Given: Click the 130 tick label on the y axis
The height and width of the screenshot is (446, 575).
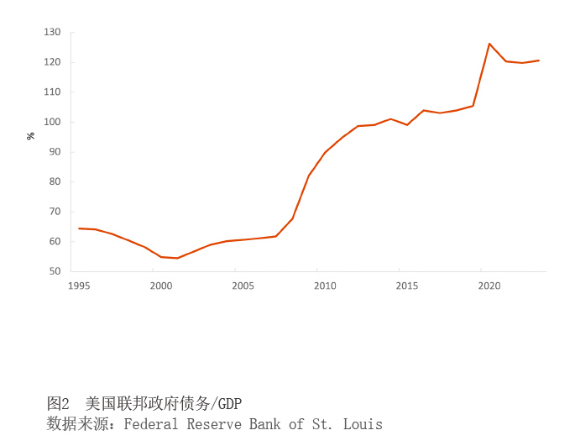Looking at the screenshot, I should [x=53, y=32].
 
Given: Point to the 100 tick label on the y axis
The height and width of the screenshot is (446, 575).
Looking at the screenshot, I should [x=53, y=122].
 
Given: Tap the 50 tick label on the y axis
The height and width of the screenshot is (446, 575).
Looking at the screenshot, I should [x=55, y=271].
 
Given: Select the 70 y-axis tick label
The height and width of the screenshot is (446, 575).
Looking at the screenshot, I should [x=55, y=212].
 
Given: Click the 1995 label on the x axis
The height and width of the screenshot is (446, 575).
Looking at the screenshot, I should [x=79, y=286].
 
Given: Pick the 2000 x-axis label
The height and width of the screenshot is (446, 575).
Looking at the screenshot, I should [x=161, y=286].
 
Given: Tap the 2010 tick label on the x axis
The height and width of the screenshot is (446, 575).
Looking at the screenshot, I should [x=325, y=286].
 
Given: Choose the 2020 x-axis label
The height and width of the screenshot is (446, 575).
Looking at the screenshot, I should [x=489, y=286].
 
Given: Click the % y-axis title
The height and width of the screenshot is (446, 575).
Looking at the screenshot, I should [x=31, y=136].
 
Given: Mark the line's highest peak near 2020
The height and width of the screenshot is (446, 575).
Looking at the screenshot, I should [x=489, y=44].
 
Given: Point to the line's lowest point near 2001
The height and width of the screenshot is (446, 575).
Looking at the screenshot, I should [x=177, y=258].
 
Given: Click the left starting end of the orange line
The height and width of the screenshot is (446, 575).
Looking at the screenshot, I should [x=79, y=228].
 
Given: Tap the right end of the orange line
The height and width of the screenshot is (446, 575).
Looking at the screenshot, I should [x=538, y=60].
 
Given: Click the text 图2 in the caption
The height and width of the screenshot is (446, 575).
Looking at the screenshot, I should [x=58, y=404].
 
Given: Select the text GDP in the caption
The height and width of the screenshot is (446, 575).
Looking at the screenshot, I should [x=230, y=404].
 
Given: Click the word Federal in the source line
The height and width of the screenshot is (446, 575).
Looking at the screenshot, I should [x=151, y=424].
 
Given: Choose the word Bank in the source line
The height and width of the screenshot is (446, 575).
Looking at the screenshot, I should [x=265, y=424].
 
